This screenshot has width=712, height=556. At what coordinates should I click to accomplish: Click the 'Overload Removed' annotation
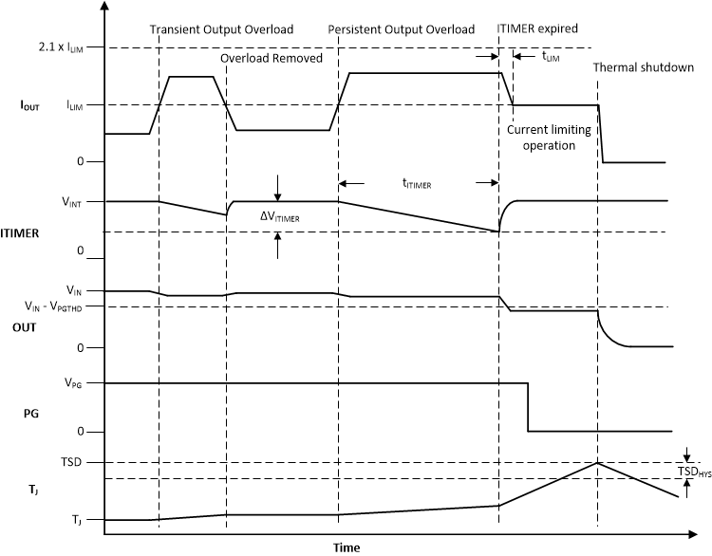click(x=272, y=59)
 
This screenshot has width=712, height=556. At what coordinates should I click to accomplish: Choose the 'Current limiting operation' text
click(x=542, y=138)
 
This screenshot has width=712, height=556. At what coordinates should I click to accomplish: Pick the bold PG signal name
click(x=31, y=415)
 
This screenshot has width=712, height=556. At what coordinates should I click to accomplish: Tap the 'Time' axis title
click(x=347, y=547)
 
